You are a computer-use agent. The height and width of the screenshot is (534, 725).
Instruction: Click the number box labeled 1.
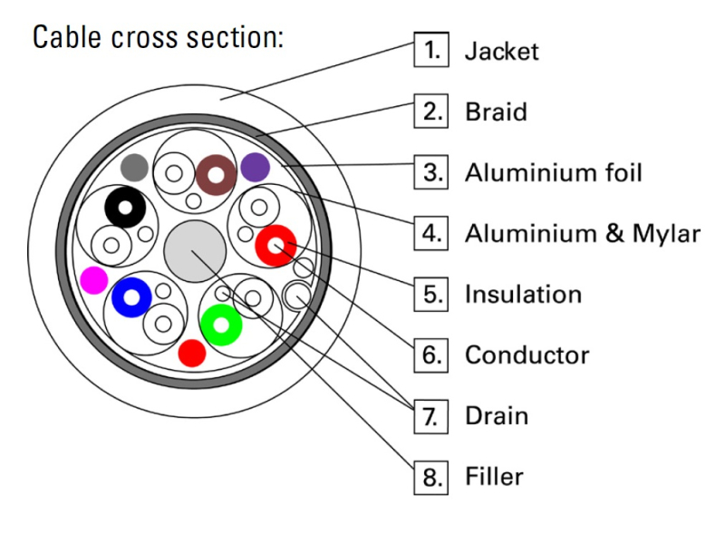[430, 51]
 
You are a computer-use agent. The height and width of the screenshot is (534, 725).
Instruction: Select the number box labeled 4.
[430, 233]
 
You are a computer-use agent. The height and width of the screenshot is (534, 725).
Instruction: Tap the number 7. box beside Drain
[430, 415]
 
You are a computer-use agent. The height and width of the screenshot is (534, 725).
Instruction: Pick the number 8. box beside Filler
[430, 476]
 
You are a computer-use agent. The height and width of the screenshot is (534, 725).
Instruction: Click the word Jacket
[501, 51]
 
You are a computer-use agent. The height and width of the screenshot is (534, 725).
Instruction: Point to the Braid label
[496, 112]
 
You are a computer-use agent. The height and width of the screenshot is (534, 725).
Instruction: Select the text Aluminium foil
[553, 172]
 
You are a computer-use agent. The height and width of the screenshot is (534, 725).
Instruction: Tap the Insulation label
[523, 295]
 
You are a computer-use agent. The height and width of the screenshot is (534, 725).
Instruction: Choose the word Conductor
[527, 354]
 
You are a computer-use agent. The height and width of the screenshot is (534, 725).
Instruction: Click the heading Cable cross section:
[159, 38]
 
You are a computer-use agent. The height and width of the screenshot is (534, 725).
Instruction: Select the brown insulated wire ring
[217, 172]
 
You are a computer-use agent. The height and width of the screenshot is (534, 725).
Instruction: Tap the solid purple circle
[256, 166]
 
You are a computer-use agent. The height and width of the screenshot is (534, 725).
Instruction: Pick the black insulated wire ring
[125, 209]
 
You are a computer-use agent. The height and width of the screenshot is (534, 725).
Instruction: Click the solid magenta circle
[93, 280]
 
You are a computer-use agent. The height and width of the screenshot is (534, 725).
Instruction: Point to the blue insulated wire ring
[130, 297]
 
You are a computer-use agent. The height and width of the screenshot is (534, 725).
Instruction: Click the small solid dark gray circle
[134, 167]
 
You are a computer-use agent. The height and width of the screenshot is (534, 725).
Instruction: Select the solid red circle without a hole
[191, 353]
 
